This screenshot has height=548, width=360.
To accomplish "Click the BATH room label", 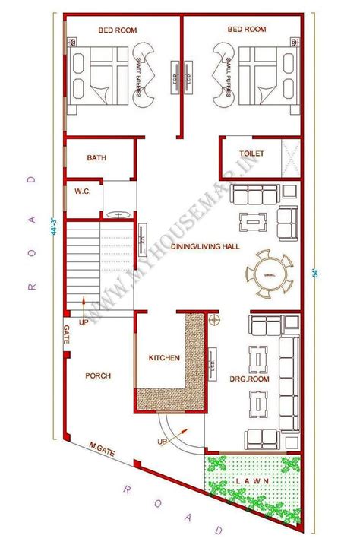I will coord(96,158).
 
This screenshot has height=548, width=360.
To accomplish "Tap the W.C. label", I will coord(83,192).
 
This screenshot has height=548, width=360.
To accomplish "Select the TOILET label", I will coord(251,153).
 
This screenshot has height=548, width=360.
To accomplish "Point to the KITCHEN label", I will coord(164,356).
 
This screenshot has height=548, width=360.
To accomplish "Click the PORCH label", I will coord(99,375).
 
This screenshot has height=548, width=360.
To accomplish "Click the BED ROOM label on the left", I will coord(117,30).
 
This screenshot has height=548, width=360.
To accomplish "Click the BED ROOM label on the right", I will coord(246,29).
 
